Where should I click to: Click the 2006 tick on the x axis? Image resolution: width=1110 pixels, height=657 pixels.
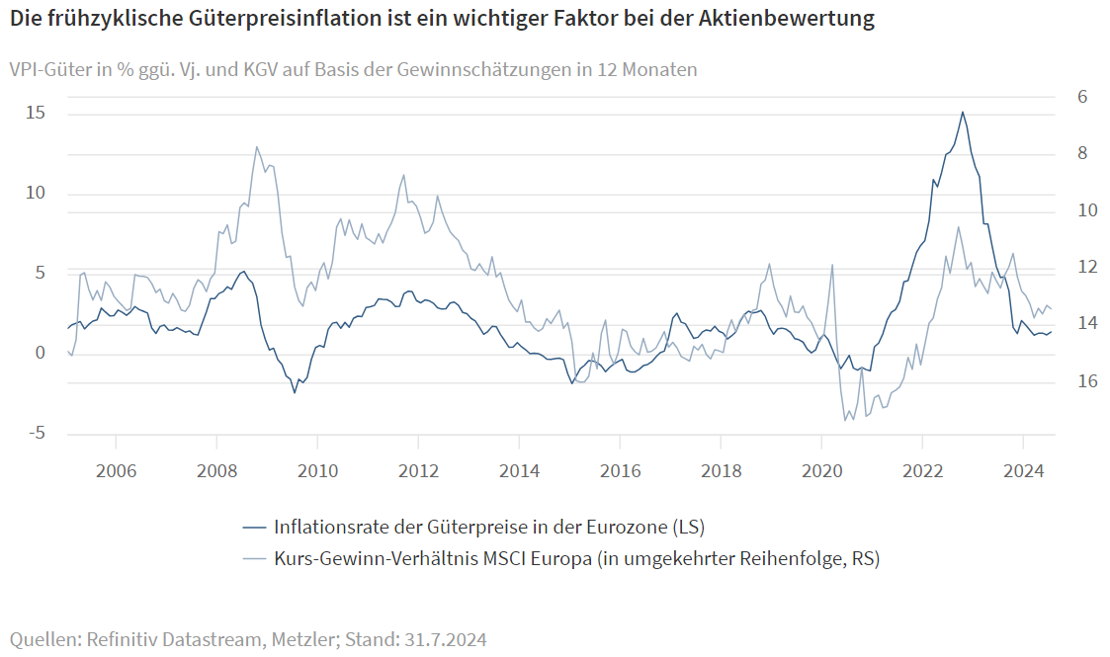[x=116, y=471]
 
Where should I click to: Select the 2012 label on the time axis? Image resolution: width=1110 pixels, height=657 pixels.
[x=418, y=471]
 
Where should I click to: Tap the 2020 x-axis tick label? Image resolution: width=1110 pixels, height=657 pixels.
[x=821, y=471]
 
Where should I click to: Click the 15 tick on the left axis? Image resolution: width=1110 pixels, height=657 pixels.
[x=35, y=114]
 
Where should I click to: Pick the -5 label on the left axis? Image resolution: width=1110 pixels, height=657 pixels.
[x=35, y=433]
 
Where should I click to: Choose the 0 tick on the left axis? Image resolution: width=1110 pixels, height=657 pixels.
[x=41, y=353]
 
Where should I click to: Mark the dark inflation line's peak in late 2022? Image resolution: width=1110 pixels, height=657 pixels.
[x=963, y=112]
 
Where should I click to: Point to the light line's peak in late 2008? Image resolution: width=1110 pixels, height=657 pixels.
[x=257, y=146]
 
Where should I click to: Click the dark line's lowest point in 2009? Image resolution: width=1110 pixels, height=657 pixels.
[x=295, y=393]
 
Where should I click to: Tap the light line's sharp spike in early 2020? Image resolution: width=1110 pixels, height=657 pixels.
[x=832, y=264]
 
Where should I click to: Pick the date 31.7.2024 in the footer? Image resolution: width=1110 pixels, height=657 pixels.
[x=446, y=639]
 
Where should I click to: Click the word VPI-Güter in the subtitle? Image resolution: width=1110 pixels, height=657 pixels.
[x=48, y=69]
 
